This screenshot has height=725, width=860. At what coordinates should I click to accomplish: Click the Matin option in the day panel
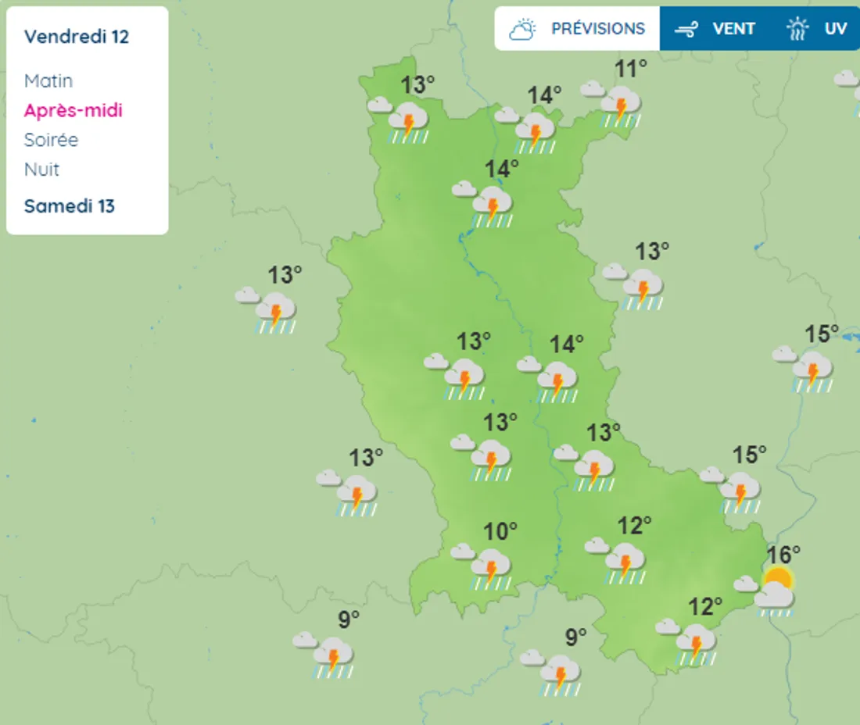click(x=48, y=80)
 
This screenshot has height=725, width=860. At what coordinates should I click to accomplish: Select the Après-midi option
click(x=73, y=110)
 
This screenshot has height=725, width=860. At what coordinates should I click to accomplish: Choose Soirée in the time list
click(x=52, y=140)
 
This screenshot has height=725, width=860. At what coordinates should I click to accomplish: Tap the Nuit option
click(x=42, y=170)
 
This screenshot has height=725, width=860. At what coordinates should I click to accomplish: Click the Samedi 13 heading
click(x=70, y=206)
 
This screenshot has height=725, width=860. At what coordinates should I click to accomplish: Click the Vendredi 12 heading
click(x=77, y=37)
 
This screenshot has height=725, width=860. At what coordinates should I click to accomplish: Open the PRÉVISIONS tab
click(x=598, y=29)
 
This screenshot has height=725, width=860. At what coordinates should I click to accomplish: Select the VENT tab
click(x=733, y=29)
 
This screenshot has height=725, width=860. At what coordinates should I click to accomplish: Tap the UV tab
click(x=835, y=29)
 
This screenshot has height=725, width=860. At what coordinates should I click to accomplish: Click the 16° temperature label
click(x=783, y=555)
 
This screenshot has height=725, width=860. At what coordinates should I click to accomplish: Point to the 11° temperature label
click(x=630, y=70)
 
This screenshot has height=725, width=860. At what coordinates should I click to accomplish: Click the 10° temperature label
click(x=500, y=532)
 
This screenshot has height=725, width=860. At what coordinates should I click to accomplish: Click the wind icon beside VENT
click(x=686, y=30)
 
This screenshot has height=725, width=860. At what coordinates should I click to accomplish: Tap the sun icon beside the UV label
click(x=797, y=30)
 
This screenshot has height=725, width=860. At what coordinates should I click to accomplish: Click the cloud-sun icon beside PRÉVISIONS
click(x=523, y=30)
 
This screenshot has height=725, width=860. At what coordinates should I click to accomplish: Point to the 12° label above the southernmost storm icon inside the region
click(x=705, y=606)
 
